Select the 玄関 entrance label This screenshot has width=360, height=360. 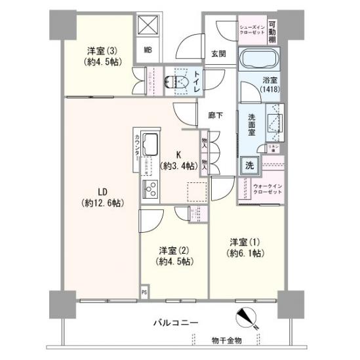pos(219,54)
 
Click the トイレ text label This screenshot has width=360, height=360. pos(197,81)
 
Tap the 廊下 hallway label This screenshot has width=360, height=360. pos(215,115)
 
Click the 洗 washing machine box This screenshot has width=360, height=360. pos(249,165)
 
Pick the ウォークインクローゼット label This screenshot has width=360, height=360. pos(268,190)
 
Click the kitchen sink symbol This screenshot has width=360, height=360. pos(149,144)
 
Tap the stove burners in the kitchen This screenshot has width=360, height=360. pos(150,189)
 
